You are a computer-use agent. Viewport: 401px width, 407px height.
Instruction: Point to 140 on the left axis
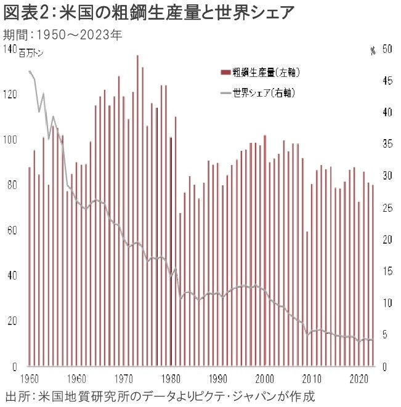[9, 48]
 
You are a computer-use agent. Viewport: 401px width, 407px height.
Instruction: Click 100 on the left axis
[9, 139]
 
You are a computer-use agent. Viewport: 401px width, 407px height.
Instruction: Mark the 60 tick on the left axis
[12, 230]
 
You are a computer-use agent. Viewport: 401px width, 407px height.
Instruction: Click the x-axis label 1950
[29, 377]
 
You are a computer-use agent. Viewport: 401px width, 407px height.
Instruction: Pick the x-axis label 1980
[171, 377]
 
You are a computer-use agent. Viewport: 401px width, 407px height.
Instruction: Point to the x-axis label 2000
[265, 377]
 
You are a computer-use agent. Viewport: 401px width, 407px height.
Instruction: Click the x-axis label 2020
[359, 377]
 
